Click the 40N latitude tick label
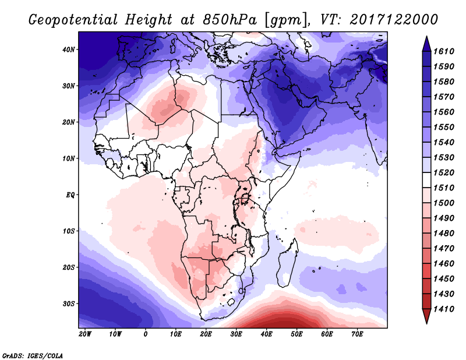(x=69, y=50)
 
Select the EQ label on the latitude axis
(x=70, y=195)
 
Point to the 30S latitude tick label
(x=69, y=303)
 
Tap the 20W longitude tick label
(x=85, y=334)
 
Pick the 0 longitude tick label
(x=146, y=334)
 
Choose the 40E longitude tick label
(x=266, y=334)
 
